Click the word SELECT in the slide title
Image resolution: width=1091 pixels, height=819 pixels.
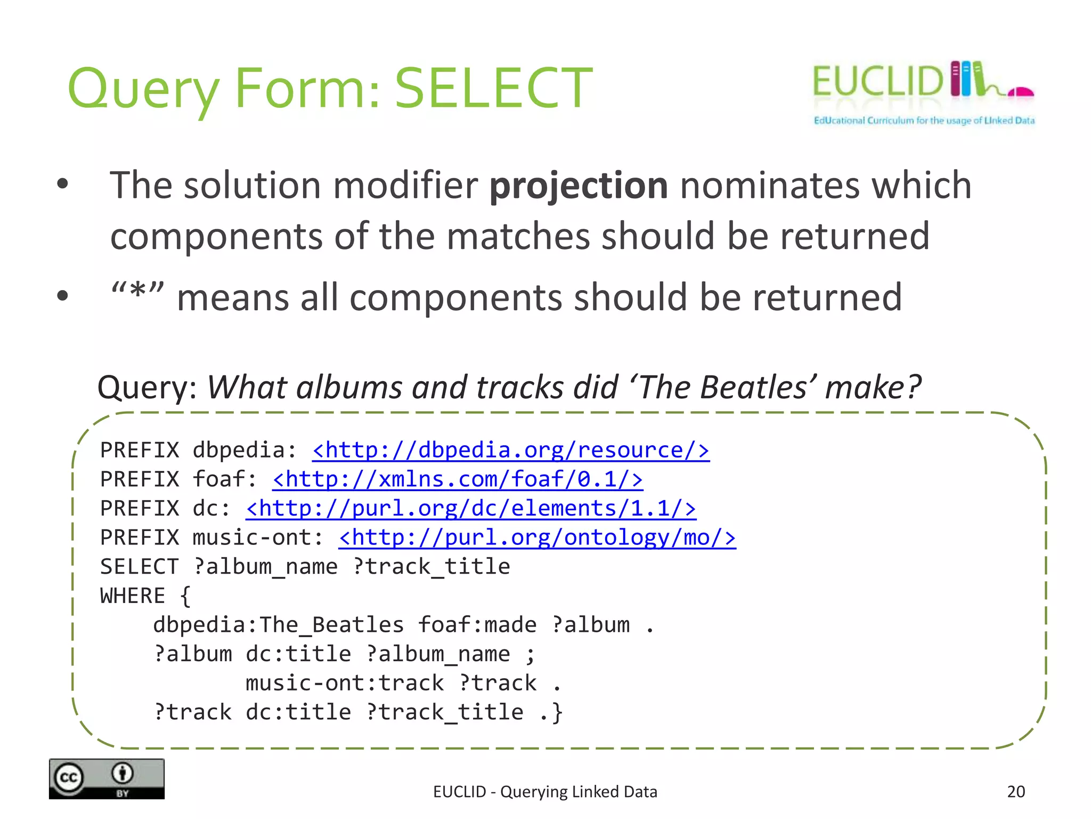[x=493, y=88]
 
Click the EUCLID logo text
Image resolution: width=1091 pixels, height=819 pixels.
[x=877, y=82]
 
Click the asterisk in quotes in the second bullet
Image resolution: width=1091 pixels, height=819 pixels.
[x=137, y=292]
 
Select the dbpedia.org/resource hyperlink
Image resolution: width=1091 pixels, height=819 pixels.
[x=510, y=451]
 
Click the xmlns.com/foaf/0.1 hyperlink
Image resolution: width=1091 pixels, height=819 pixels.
[x=457, y=479]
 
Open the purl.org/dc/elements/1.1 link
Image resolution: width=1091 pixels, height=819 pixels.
[x=470, y=509]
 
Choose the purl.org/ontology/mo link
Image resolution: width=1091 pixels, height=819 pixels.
[x=537, y=537]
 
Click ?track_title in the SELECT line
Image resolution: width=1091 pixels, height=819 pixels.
[x=431, y=567]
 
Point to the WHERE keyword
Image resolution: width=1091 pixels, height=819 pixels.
[x=133, y=596]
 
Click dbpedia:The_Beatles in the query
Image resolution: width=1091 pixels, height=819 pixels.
[x=278, y=625]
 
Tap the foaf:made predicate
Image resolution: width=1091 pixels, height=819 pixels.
[x=477, y=625]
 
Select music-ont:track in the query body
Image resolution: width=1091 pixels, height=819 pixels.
[x=344, y=683]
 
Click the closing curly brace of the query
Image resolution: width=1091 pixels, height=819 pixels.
[x=557, y=713]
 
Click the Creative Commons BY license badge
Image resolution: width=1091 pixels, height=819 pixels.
[x=107, y=778]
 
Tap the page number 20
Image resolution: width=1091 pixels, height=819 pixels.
[x=1015, y=792]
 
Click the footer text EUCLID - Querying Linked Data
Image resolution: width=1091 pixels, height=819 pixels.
[x=545, y=792]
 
